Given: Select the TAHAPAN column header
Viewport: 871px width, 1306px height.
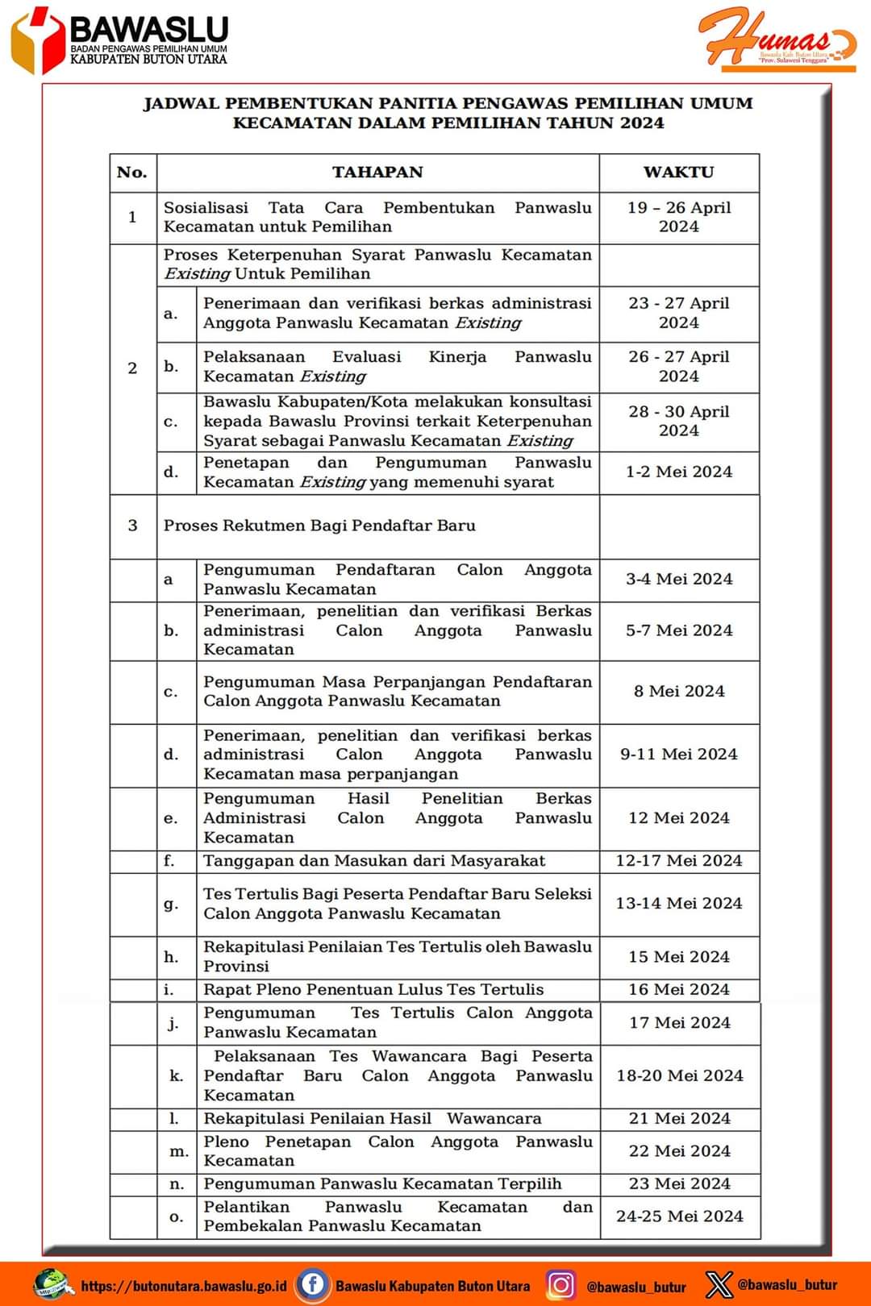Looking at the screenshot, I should point(377,172).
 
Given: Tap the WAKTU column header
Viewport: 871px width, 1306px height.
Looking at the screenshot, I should point(678,172).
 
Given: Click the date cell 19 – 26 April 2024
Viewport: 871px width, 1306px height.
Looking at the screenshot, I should point(679,217).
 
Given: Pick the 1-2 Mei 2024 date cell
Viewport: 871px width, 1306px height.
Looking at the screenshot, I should point(679,472).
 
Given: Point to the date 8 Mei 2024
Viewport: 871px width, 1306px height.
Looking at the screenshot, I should point(679,691).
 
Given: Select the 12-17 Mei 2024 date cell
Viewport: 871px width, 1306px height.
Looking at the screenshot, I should point(679,860).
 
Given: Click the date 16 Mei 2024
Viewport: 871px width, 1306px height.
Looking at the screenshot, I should point(679,989).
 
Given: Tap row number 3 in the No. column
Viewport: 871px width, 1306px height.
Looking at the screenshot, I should point(133,526).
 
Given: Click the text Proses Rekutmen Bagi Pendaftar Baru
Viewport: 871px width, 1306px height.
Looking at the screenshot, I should point(319,526).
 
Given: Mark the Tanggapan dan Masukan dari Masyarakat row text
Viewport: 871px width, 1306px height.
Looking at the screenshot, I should point(374,860).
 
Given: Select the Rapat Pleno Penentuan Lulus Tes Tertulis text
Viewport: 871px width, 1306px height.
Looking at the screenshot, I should point(373,989).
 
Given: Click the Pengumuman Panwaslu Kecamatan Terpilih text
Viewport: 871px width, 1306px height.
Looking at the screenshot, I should point(382,1183).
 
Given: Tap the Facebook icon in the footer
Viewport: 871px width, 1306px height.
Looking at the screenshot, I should point(312,1284).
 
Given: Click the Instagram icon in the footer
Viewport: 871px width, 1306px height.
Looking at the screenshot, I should point(561,1284).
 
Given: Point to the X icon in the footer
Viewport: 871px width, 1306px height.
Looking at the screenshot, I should point(719,1284).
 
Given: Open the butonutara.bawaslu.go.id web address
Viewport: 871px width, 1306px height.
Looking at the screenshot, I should point(184,1286).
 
